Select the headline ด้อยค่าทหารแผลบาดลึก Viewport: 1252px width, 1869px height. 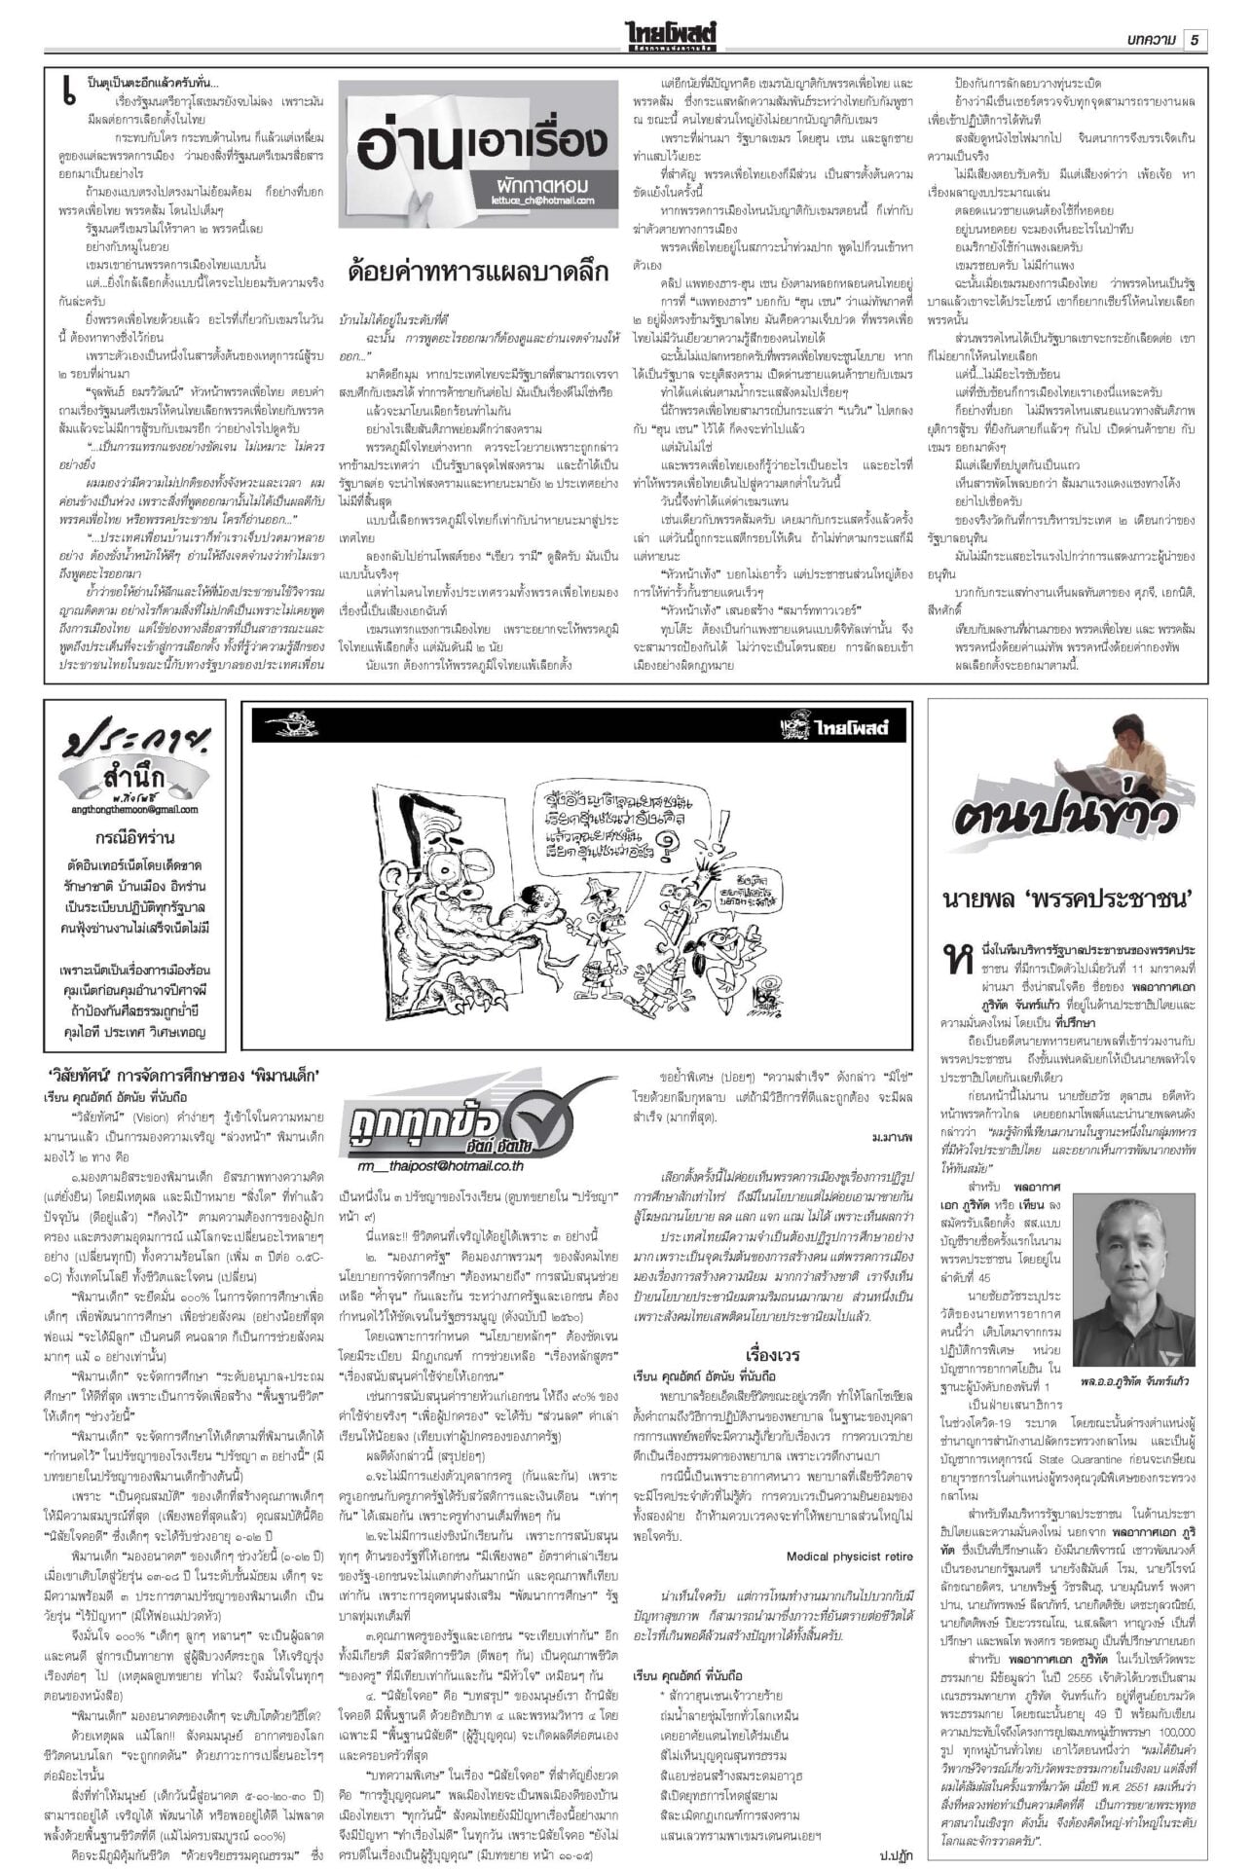[477, 270]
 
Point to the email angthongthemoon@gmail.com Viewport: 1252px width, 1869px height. [134, 809]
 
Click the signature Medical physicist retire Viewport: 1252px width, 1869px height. [849, 1557]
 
